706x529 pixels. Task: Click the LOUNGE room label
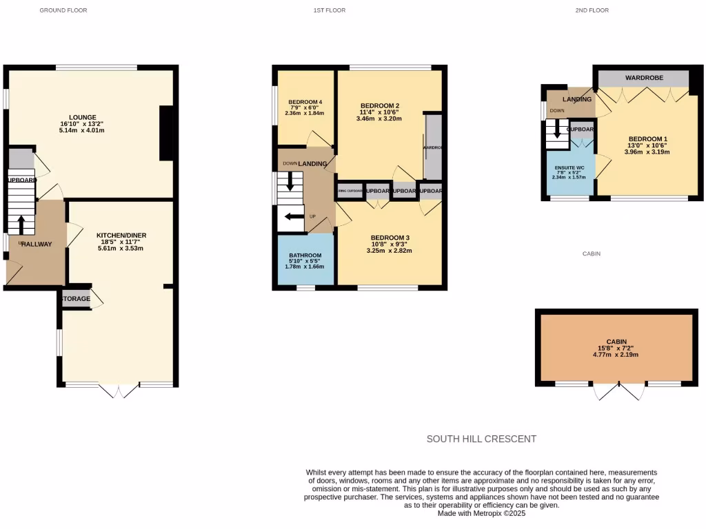pos(82,117)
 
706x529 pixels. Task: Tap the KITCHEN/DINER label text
pos(121,235)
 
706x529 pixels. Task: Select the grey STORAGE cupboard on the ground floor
pos(76,299)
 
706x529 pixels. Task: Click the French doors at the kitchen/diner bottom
pos(119,391)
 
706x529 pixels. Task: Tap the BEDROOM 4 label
pos(305,102)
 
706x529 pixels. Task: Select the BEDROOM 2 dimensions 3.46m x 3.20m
pos(379,118)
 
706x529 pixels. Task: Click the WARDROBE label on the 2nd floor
pos(644,78)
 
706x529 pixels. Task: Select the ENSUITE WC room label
pos(569,168)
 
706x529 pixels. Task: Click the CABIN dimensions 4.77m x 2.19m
pos(616,355)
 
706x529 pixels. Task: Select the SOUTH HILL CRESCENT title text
pos(481,439)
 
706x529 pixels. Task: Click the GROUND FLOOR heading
pos(63,10)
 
